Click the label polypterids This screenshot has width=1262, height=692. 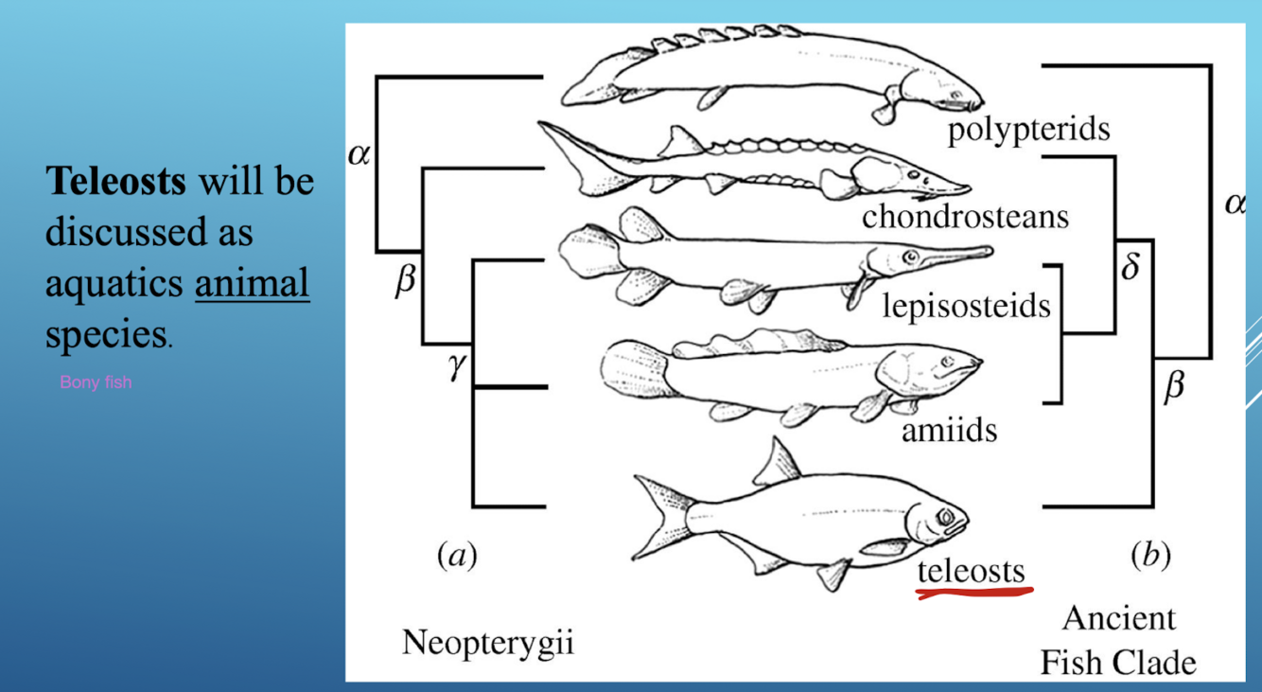tap(1028, 130)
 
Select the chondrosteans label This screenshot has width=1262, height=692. tap(965, 217)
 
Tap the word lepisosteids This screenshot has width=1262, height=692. tap(966, 306)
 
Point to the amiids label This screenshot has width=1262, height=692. tap(949, 431)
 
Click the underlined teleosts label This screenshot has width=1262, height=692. tap(971, 571)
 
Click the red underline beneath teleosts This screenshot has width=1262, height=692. tap(973, 594)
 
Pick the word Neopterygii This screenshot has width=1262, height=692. tap(487, 643)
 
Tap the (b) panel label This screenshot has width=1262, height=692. tap(1150, 555)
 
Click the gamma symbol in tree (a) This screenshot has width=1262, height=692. tap(458, 364)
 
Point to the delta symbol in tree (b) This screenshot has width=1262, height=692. tap(1130, 267)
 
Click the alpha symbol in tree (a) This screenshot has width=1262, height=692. tap(359, 154)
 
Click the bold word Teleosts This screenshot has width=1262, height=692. tap(116, 181)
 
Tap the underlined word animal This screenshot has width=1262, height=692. tap(252, 282)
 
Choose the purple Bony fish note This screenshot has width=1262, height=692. tap(96, 382)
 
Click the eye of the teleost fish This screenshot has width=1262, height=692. tap(945, 517)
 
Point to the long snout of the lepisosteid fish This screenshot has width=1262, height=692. tap(955, 253)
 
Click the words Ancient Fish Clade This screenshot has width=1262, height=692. tap(1118, 640)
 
